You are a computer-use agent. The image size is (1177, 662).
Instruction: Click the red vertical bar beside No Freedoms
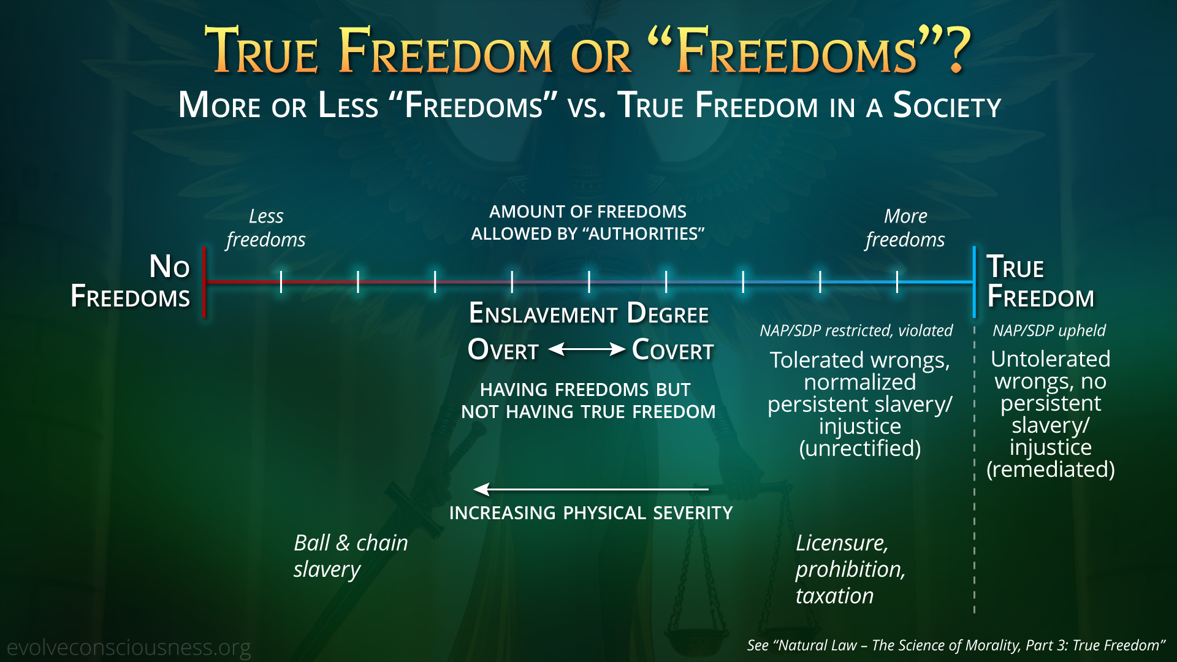click(x=204, y=282)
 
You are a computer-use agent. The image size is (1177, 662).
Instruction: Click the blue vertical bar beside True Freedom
click(x=974, y=282)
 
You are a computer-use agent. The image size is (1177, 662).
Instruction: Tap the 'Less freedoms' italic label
click(x=266, y=227)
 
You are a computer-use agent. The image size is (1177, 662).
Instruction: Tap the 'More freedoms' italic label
click(x=905, y=227)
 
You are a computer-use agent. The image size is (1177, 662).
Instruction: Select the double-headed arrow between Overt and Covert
click(x=587, y=349)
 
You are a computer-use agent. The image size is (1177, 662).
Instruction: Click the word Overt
click(x=503, y=350)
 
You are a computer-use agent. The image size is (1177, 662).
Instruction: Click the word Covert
click(x=673, y=350)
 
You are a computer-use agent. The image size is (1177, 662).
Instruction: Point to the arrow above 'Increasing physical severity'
click(x=591, y=489)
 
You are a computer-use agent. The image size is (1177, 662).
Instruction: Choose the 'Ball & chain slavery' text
click(x=351, y=556)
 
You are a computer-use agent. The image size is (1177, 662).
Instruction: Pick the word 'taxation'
click(x=835, y=596)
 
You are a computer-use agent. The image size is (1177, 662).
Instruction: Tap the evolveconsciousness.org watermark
click(x=129, y=647)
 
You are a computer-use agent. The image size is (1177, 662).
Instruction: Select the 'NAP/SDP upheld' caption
click(x=1049, y=330)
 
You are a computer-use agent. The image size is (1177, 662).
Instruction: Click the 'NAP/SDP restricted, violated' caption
click(x=856, y=330)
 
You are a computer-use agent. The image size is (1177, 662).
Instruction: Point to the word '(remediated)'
click(x=1051, y=470)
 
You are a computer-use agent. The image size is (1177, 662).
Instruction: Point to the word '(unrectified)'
click(x=860, y=449)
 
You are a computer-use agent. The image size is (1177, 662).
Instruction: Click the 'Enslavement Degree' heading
click(x=588, y=314)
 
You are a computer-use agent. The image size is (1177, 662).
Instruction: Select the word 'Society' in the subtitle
click(x=947, y=105)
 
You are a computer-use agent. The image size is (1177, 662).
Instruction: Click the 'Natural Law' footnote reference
click(x=956, y=645)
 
